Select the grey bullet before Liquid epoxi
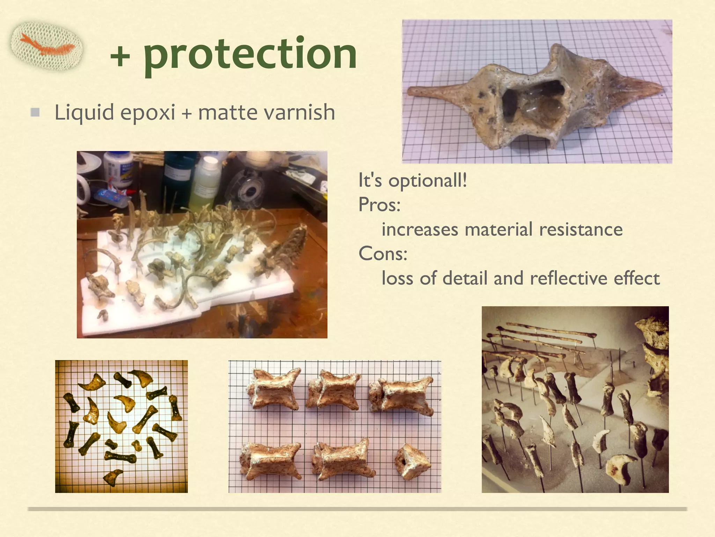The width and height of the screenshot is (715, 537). click(35, 112)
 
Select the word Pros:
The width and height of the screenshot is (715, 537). click(379, 205)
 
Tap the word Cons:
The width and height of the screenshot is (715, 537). click(383, 253)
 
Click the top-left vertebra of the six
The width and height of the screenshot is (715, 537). click(274, 388)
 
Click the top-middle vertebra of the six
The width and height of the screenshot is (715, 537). click(333, 391)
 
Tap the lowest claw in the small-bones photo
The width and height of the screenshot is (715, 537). click(113, 476)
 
